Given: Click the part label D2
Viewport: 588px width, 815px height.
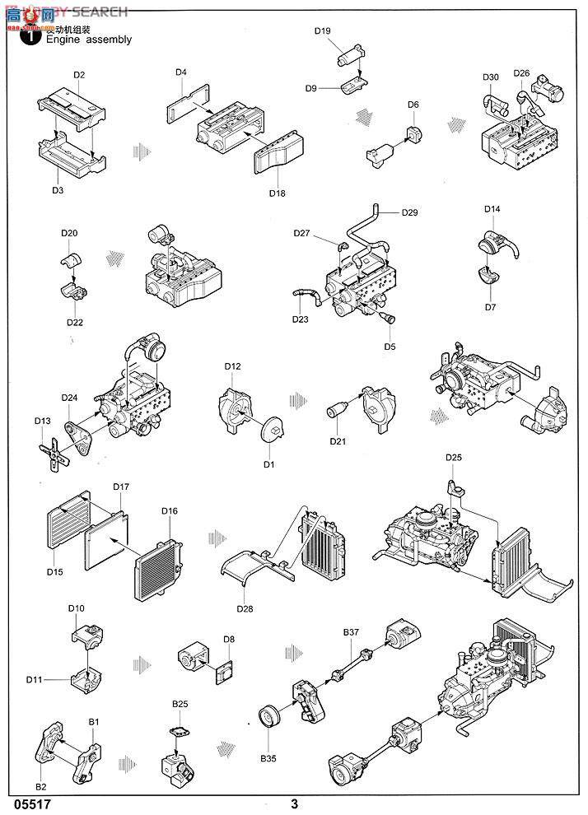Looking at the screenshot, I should point(79,75).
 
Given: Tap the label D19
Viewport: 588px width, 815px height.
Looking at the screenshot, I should point(323,31).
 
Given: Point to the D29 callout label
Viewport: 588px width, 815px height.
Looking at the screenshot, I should point(410,213).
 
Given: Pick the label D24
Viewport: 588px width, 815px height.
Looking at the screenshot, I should point(69,398).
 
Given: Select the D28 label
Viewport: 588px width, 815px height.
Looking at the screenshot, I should point(245,608).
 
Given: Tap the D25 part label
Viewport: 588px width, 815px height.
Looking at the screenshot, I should point(454,458).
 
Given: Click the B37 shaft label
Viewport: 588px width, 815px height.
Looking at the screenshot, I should point(352,632).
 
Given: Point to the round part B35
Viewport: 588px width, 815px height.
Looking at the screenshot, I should point(270,716).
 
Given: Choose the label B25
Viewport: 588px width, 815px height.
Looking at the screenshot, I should point(180,705).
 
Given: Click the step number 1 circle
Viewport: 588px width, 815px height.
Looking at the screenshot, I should point(31,36).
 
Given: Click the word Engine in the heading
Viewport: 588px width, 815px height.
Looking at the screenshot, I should point(63,39).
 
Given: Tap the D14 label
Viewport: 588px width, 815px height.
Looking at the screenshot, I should point(492,209).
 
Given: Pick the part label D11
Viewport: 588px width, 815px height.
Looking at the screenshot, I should point(34,679).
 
